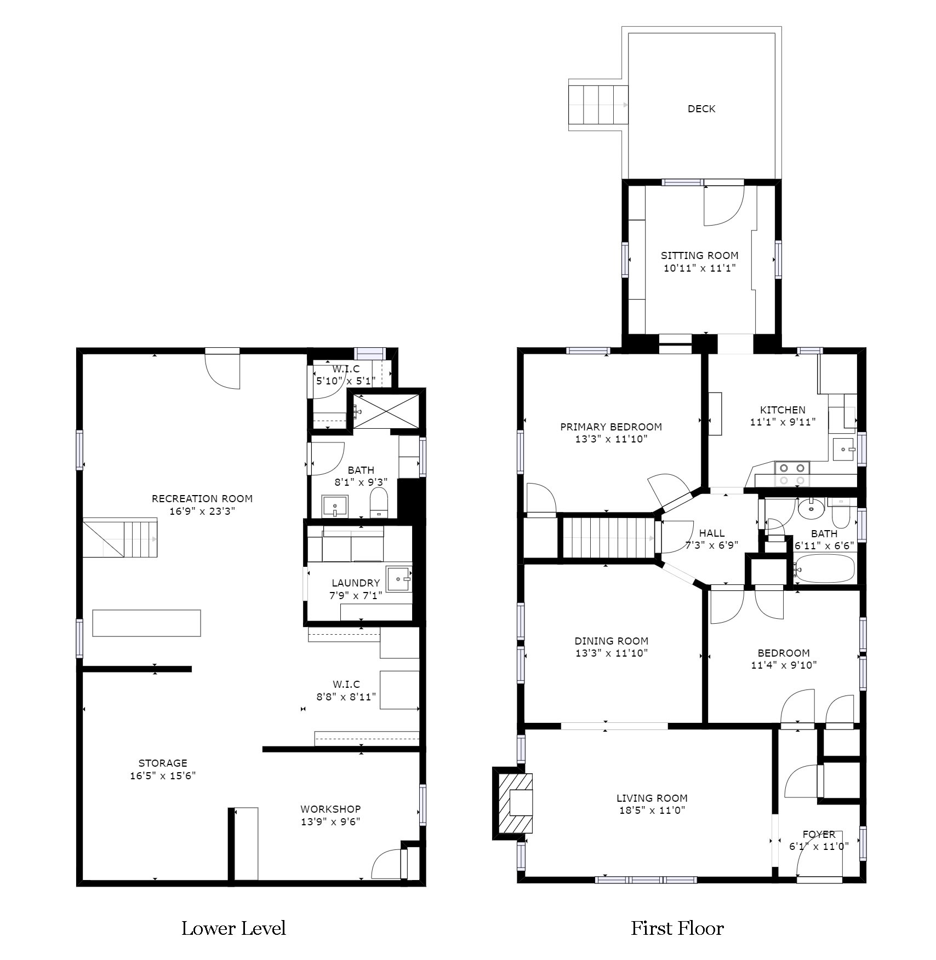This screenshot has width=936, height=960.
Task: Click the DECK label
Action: pos(701,109)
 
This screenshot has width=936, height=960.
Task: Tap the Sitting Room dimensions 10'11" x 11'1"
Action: pos(699,268)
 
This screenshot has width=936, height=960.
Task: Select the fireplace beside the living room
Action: pos(513,803)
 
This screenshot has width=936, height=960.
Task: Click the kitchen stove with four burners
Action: pos(792,474)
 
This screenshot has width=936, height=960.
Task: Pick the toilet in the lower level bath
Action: pos(379,503)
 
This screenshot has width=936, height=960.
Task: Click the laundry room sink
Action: pos(399,579)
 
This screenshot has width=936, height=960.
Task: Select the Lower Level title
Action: pos(234,928)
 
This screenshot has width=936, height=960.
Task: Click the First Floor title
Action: pos(677,928)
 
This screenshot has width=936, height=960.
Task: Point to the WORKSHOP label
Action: pos(330,809)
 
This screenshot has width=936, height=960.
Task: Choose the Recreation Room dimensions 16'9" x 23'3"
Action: pos(202,511)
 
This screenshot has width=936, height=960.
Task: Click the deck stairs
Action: pos(598,105)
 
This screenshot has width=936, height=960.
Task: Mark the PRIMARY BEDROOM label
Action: pos(611,427)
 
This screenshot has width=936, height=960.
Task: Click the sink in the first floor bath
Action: pos(811,509)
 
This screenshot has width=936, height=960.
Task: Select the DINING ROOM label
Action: pos(612,641)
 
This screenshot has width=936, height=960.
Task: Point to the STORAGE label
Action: pos(163,763)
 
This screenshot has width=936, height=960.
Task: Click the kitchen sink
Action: pos(844,449)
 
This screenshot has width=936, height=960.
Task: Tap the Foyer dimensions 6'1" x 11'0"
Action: pos(819,846)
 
